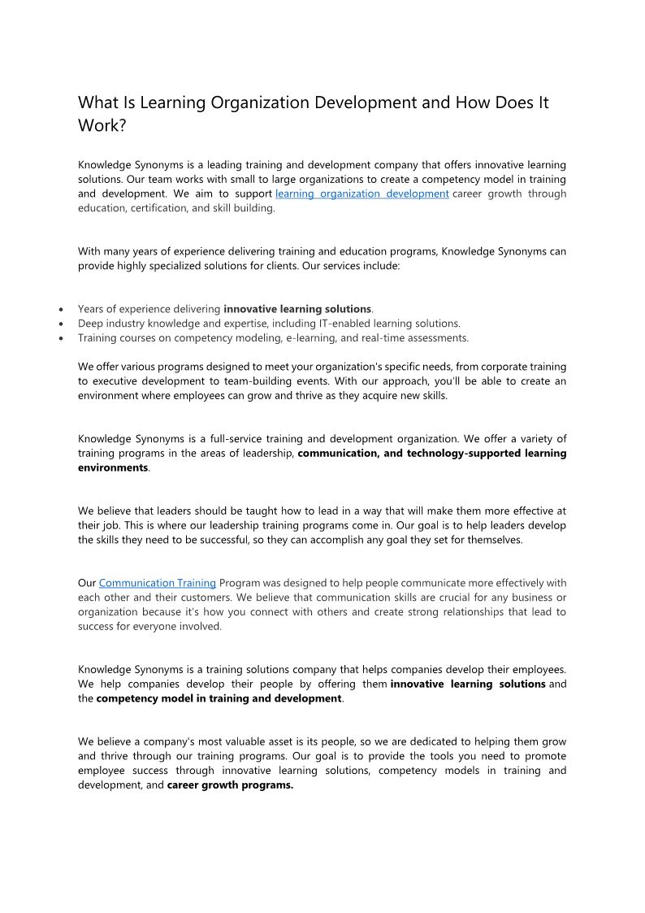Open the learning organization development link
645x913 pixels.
[362, 193]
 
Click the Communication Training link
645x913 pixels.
[158, 583]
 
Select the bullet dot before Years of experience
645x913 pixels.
[63, 310]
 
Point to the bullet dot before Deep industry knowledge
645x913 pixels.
[63, 324]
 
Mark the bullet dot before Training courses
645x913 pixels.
[63, 338]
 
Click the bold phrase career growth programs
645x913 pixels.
[230, 785]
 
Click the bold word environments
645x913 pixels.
[113, 468]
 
